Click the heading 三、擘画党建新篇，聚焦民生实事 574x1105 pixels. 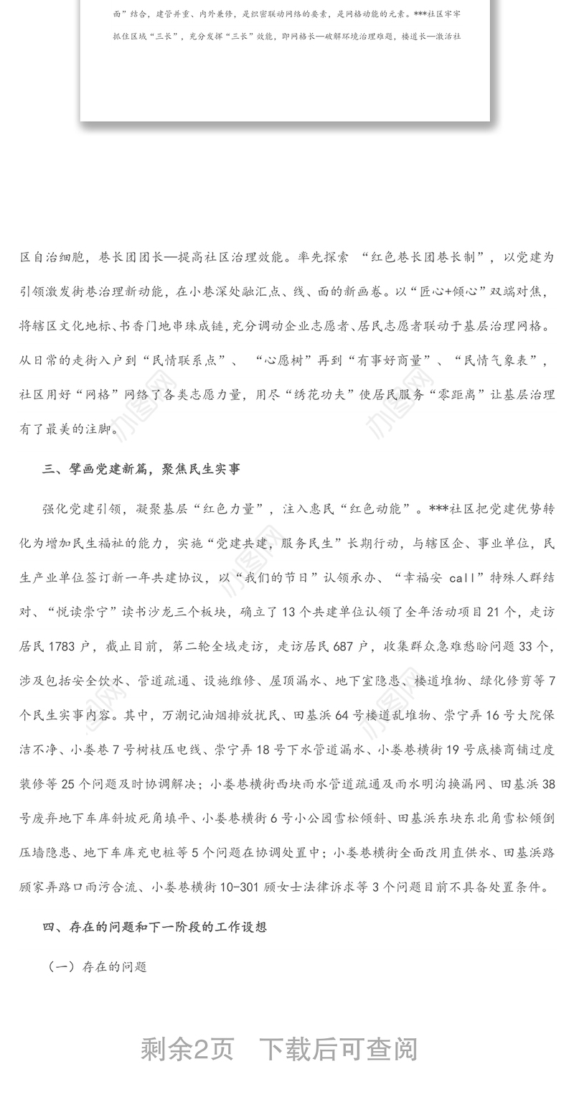coord(141,470)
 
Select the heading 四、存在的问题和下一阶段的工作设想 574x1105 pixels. coord(154,927)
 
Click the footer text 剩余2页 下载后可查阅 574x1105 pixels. coord(279,1050)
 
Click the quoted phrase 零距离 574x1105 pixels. coord(445,394)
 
